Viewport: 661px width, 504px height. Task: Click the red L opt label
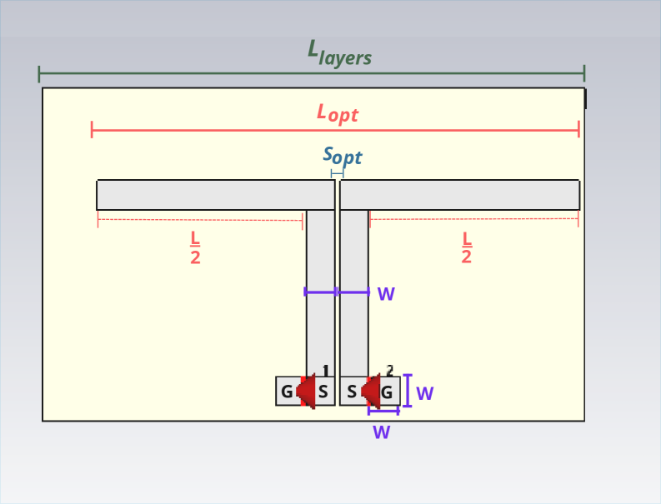click(337, 112)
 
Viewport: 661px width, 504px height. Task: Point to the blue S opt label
click(342, 155)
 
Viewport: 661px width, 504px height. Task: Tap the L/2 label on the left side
click(195, 247)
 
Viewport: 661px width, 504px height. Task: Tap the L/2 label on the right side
click(467, 247)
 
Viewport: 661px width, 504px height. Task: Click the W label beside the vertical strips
click(386, 293)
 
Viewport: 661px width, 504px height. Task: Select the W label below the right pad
click(382, 432)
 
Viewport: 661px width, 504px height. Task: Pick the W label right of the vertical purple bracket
click(425, 393)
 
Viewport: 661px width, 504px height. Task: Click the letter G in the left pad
click(286, 392)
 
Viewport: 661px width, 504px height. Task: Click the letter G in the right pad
click(387, 392)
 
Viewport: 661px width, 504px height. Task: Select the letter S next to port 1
click(323, 392)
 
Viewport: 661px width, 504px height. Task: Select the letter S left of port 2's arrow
click(351, 392)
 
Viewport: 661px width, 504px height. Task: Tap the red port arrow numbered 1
click(306, 391)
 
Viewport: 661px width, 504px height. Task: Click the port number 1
click(326, 371)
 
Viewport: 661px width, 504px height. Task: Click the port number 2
click(389, 371)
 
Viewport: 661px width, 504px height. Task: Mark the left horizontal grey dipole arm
click(215, 195)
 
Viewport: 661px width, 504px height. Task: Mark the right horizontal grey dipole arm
click(459, 195)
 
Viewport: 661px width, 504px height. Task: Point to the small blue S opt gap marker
click(337, 173)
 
